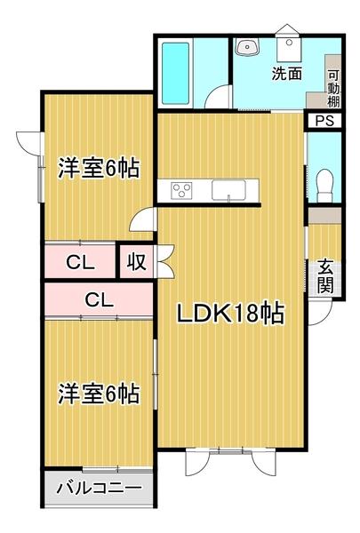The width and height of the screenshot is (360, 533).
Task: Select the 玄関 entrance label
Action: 326,275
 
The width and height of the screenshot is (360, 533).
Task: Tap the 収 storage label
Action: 135,262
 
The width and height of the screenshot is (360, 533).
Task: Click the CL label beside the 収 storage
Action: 80,262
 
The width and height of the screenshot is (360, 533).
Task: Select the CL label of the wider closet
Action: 99,300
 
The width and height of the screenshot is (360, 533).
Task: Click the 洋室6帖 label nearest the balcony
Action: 99,393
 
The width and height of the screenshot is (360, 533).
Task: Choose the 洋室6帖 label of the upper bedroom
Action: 99,168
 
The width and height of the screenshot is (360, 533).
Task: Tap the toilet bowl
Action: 324,180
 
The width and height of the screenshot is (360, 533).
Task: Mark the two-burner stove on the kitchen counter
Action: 182,190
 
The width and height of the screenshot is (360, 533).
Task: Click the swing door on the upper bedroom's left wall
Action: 29,142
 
